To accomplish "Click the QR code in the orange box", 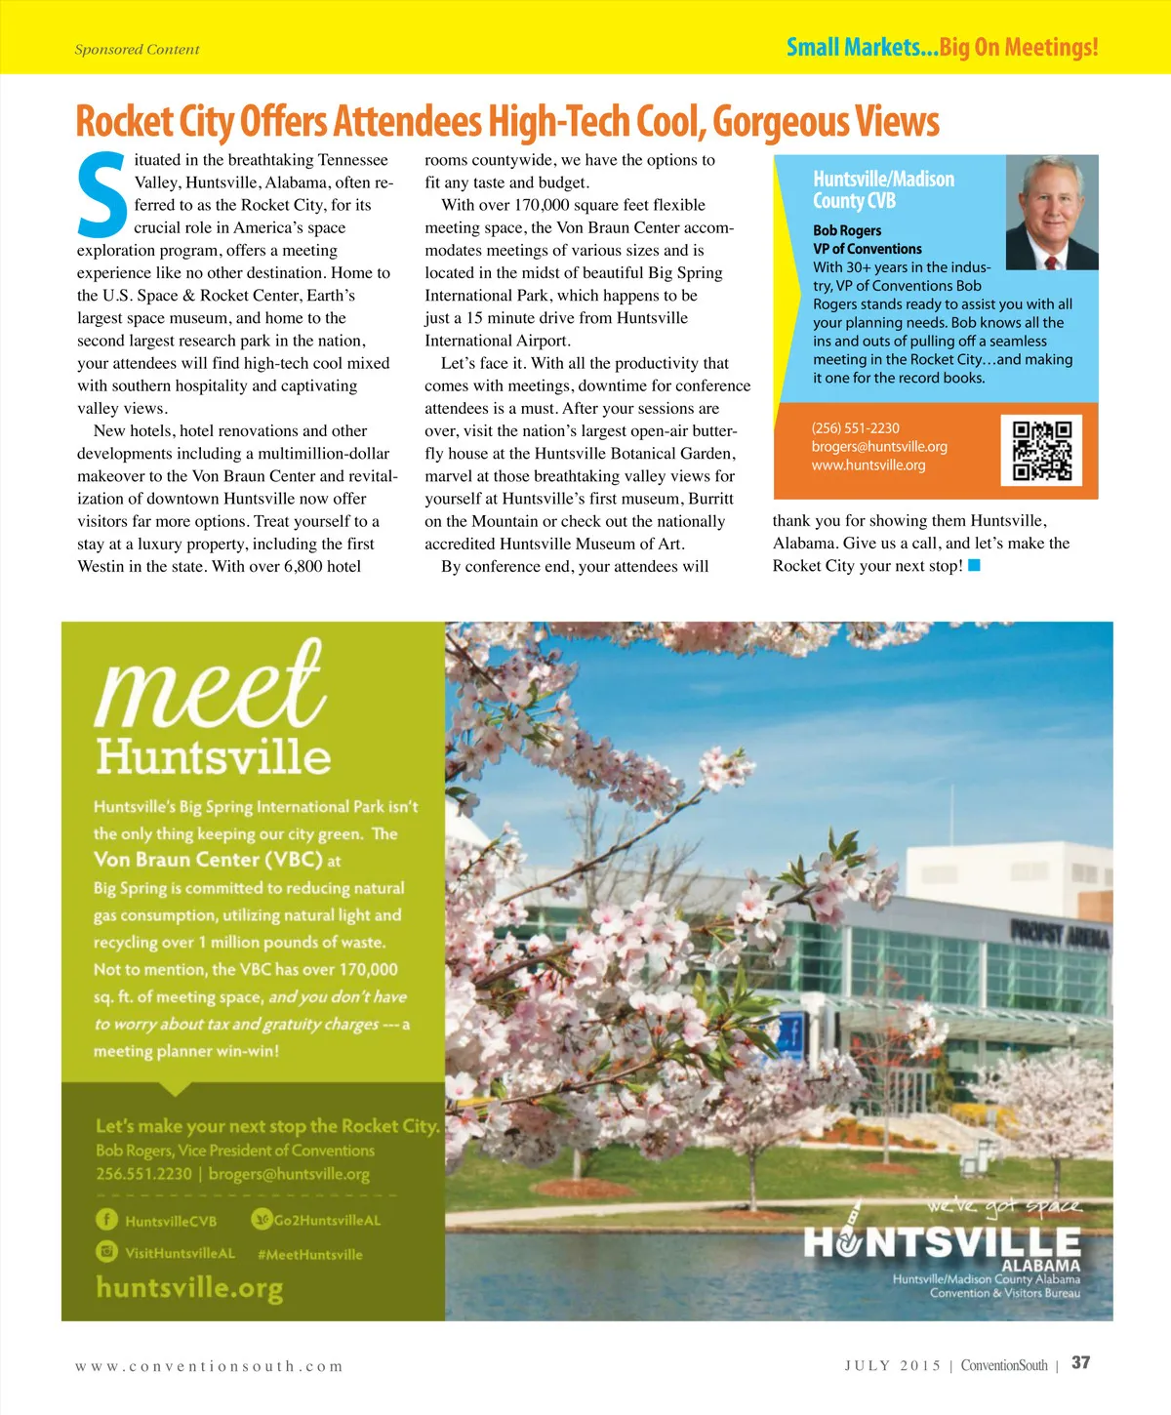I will pos(1041,450).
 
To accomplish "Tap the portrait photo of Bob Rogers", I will pos(1052,213).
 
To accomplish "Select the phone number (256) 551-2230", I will pos(856,428).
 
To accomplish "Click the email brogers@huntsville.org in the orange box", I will pos(879,447).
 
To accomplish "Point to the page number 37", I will pos(1080,1363).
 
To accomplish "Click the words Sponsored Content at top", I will pos(137,50).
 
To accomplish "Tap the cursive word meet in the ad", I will pos(210,683).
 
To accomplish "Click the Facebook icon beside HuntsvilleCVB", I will pos(106,1220).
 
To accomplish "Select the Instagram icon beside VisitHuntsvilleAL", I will pos(106,1252).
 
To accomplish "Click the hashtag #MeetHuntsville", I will pos(309,1255).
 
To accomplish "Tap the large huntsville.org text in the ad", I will pos(189,1288).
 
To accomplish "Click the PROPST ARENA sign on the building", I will pos(1060,936).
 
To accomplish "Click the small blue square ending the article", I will pos(973,566).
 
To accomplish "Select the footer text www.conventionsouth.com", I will pos(209,1366).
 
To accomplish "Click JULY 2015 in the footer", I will pos(893,1365).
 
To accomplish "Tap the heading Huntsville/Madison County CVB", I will pos(883,190).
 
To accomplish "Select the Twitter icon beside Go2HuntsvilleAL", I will pos(262,1219).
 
